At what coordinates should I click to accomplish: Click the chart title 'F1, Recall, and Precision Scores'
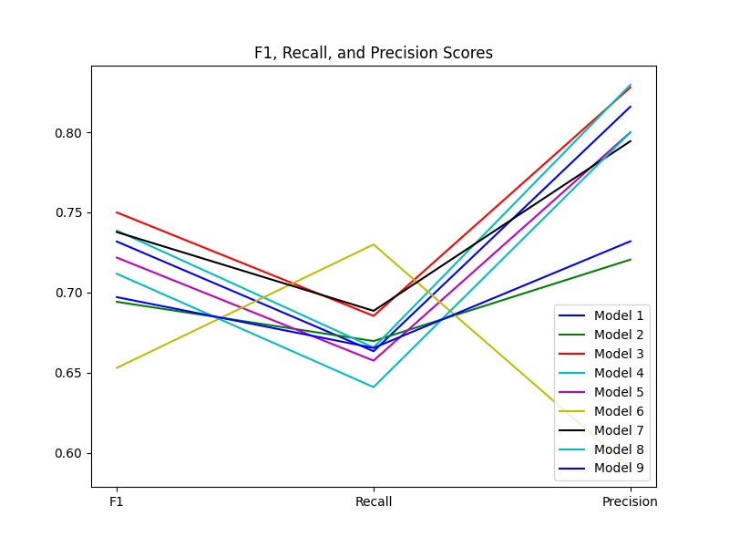374,53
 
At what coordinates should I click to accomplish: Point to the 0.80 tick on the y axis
70,133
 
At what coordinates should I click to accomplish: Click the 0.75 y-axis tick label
70,212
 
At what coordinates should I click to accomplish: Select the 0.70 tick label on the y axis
70,293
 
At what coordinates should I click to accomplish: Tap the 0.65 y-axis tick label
70,373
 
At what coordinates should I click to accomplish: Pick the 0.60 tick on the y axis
70,453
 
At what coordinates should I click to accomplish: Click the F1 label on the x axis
117,501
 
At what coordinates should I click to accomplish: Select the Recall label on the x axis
374,501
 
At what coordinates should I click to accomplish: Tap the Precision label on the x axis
630,501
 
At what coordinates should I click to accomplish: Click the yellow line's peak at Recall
374,244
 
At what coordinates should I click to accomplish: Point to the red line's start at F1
117,212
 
